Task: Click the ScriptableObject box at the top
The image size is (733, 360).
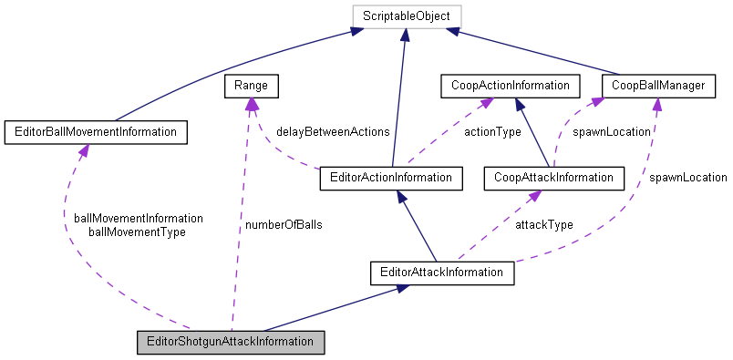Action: point(405,15)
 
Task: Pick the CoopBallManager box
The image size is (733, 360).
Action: point(655,87)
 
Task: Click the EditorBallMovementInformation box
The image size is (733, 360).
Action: point(96,132)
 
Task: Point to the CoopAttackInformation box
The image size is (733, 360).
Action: point(553,178)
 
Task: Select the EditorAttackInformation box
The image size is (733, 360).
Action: point(442,272)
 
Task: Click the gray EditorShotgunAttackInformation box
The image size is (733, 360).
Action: point(231,344)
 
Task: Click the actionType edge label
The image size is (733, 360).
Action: point(492,131)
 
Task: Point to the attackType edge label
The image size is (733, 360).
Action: point(544,223)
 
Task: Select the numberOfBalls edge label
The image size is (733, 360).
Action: point(283,223)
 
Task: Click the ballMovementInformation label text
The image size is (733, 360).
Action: point(139,218)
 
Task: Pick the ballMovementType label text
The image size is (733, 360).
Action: point(137,231)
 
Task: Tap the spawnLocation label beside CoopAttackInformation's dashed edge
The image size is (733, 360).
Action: point(611,131)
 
